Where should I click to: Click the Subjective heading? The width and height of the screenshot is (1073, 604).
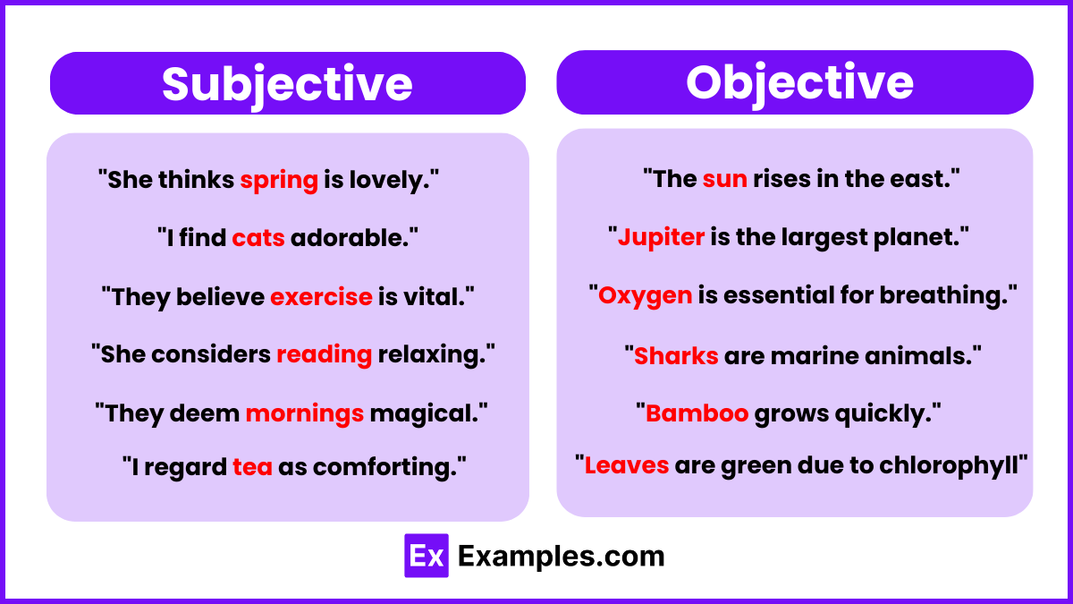[287, 85]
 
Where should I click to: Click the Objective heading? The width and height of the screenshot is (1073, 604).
[799, 83]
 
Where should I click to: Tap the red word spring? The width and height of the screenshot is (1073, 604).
[279, 181]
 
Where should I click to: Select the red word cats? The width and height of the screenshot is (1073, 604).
[258, 238]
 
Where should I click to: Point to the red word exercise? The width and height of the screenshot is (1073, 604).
[321, 296]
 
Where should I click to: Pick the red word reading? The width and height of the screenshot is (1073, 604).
[325, 355]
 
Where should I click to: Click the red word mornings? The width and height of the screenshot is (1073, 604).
[305, 414]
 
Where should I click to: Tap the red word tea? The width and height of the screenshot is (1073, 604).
[252, 467]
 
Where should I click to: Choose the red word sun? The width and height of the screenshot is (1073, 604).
[725, 179]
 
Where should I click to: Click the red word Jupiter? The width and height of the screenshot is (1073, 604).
[661, 238]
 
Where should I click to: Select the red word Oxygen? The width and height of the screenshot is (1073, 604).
[646, 296]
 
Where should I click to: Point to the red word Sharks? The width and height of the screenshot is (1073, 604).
[676, 356]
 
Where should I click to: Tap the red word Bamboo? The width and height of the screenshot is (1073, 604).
[697, 413]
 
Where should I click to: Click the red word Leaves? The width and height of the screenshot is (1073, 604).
[627, 465]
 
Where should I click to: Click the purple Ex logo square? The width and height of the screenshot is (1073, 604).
[427, 556]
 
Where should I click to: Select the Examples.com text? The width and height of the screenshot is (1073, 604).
[561, 557]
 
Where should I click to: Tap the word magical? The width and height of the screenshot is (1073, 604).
[425, 414]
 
